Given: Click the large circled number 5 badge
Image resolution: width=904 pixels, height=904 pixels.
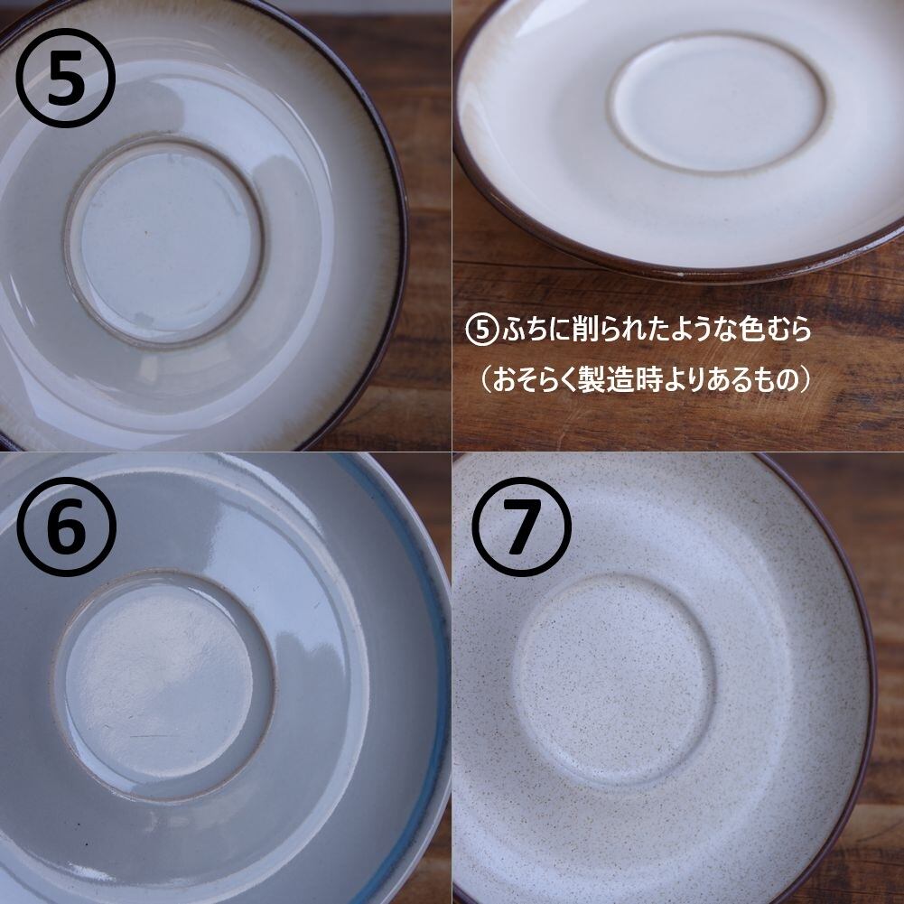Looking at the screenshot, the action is click(65, 78).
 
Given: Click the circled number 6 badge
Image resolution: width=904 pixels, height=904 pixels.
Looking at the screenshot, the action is click(66, 527).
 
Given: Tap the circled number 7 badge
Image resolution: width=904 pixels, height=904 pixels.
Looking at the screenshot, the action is click(521, 527).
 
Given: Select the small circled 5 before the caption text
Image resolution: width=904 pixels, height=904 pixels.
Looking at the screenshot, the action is click(480, 331).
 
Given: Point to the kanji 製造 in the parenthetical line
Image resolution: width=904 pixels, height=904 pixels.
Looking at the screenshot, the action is click(605, 380).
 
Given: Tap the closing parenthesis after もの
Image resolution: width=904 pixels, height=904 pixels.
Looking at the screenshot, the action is click(806, 380).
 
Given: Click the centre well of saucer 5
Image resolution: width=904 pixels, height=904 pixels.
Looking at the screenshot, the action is click(165, 240).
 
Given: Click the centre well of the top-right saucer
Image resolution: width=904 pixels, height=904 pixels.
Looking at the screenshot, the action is click(719, 103).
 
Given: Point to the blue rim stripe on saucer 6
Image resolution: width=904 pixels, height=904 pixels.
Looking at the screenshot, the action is click(427, 663).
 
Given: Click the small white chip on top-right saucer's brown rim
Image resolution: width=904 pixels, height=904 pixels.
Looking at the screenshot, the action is click(683, 275).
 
